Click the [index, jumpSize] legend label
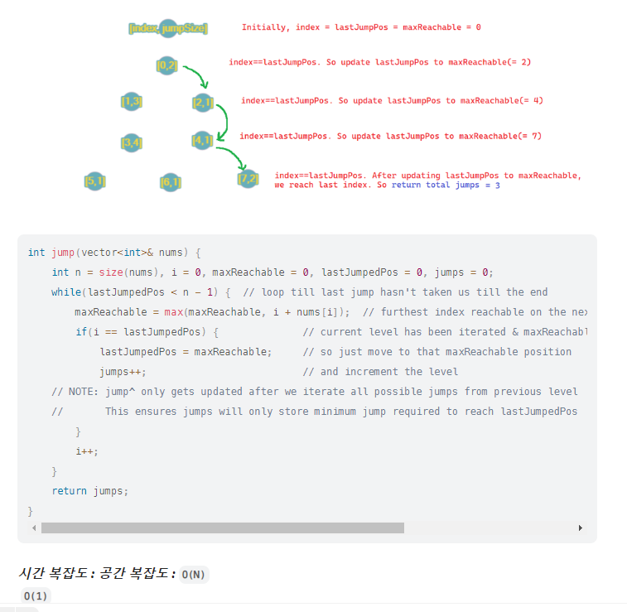pyautogui.click(x=168, y=29)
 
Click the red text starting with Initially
pyautogui.click(x=361, y=27)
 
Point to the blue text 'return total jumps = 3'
pyautogui.click(x=446, y=186)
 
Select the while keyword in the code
pyautogui.click(x=65, y=292)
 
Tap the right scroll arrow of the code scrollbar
pyautogui.click(x=581, y=528)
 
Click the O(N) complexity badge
pyautogui.click(x=194, y=574)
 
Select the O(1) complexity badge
pyautogui.click(x=36, y=596)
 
